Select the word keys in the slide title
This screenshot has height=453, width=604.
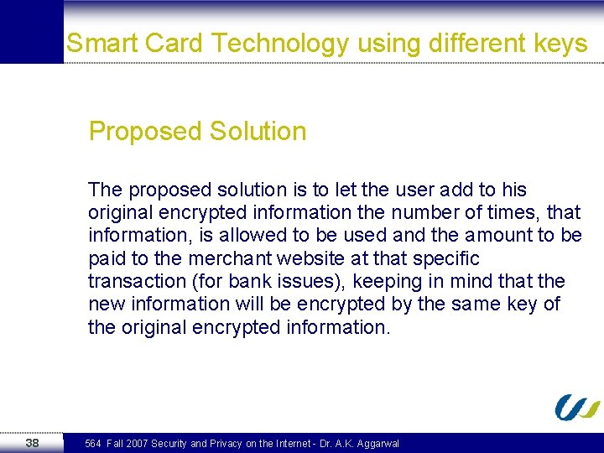pos(559,44)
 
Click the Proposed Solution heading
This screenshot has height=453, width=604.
pos(197,132)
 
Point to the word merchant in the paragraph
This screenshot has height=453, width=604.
pos(226,258)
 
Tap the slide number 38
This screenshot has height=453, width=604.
pos(32,442)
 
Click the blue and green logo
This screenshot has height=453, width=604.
pos(577,408)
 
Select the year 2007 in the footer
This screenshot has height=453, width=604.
pos(136,443)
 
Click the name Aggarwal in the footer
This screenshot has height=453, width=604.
pos(377,443)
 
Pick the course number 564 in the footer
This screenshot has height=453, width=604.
pos(93,443)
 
